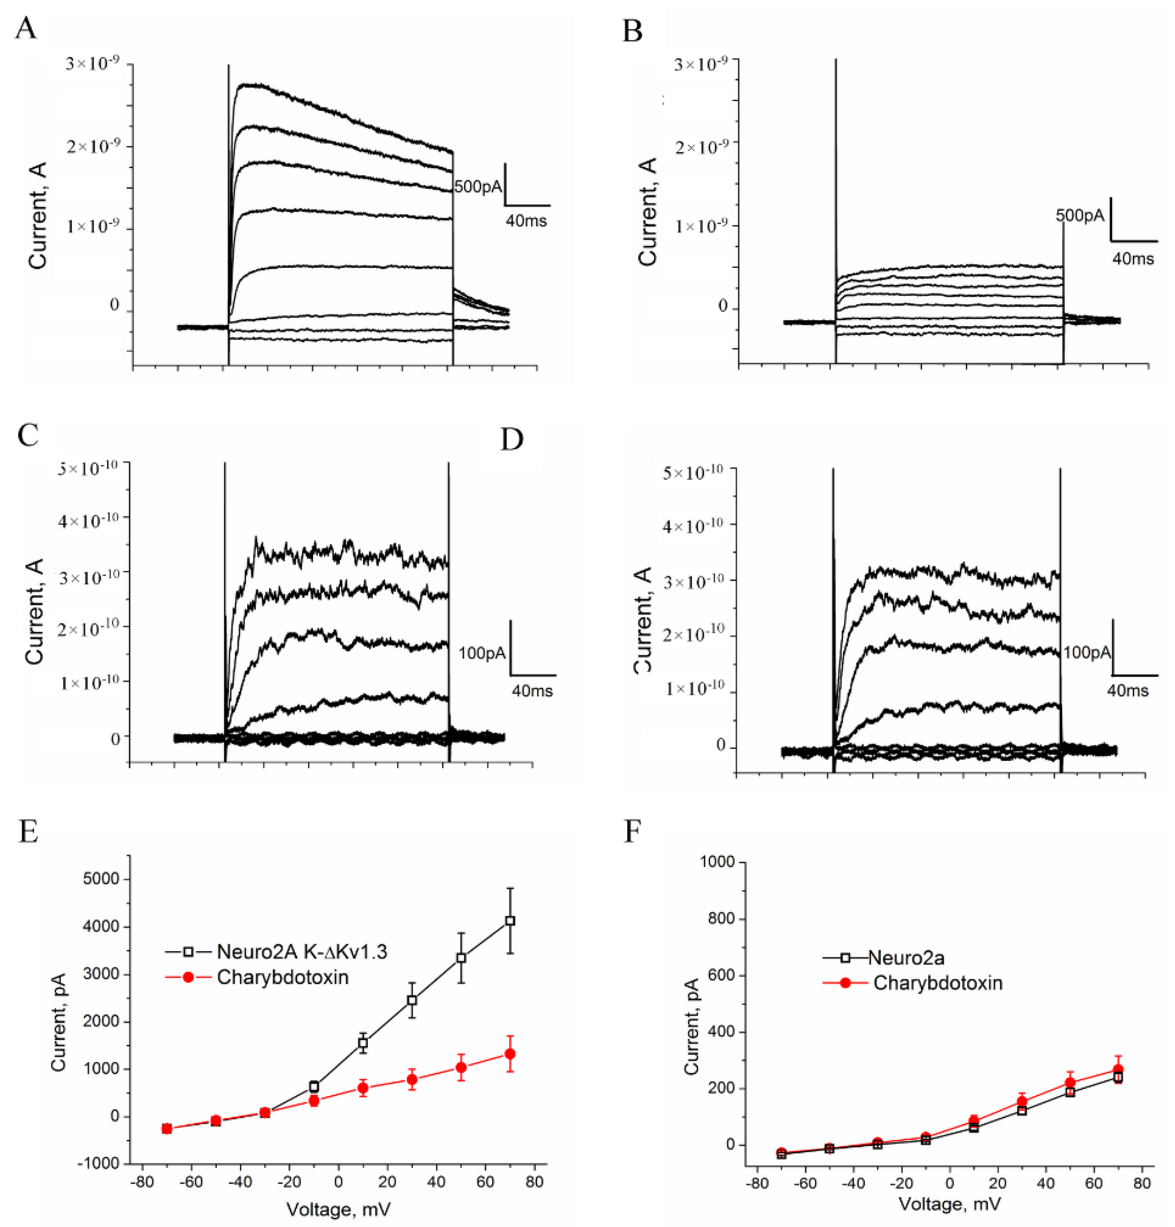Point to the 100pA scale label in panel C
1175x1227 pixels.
point(482,653)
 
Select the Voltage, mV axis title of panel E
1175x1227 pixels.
point(339,1209)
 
